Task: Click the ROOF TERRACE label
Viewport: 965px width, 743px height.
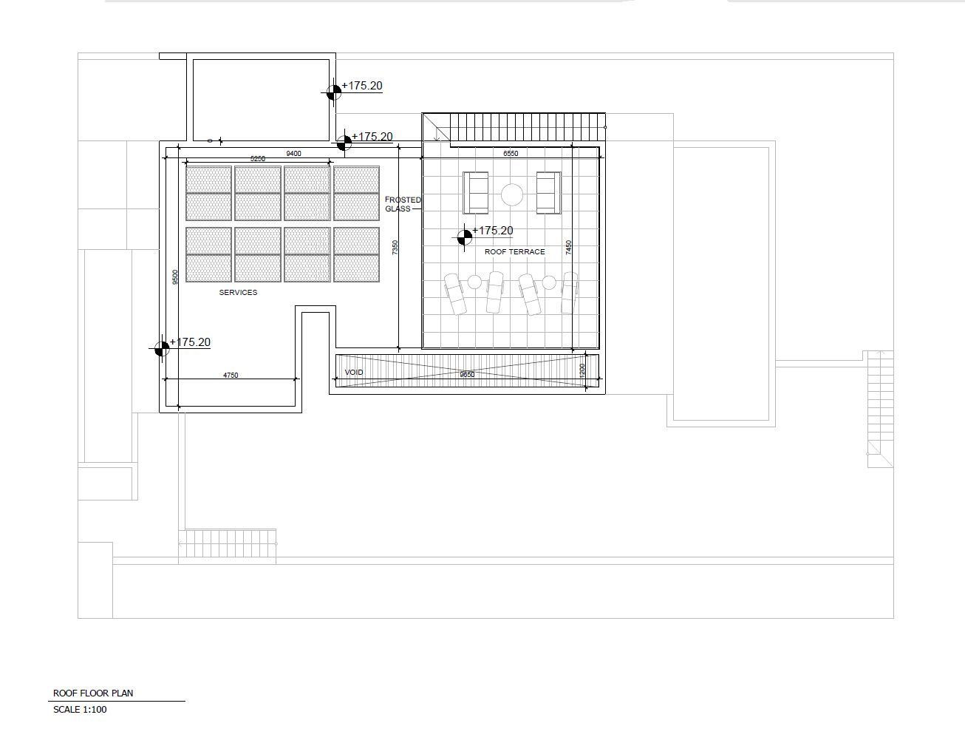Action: click(514, 252)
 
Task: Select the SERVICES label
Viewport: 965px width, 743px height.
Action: click(238, 292)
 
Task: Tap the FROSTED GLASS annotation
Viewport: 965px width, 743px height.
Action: click(403, 204)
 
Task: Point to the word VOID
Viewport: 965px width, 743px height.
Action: click(353, 372)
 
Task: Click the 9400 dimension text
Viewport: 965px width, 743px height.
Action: click(293, 154)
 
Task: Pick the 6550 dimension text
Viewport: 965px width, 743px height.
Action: click(511, 154)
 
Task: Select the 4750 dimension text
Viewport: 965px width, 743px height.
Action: click(231, 376)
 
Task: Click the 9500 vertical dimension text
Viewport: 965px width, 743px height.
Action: click(175, 277)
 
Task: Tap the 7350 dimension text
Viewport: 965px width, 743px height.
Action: click(395, 248)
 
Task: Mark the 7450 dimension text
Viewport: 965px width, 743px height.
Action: click(568, 248)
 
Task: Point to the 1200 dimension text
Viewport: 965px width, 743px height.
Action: click(582, 371)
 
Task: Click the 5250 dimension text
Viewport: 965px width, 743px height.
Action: click(258, 158)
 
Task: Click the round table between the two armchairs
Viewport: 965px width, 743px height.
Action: click(512, 194)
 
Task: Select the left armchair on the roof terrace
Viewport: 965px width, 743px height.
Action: click(475, 193)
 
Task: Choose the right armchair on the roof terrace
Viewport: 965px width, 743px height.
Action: click(548, 193)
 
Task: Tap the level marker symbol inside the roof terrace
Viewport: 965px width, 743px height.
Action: click(465, 237)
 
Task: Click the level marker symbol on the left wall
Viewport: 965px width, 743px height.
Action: click(162, 349)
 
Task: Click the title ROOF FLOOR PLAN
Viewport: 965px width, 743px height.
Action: click(93, 693)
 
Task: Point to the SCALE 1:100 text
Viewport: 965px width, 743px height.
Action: click(80, 710)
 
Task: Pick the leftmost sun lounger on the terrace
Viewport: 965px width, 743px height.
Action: click(455, 294)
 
